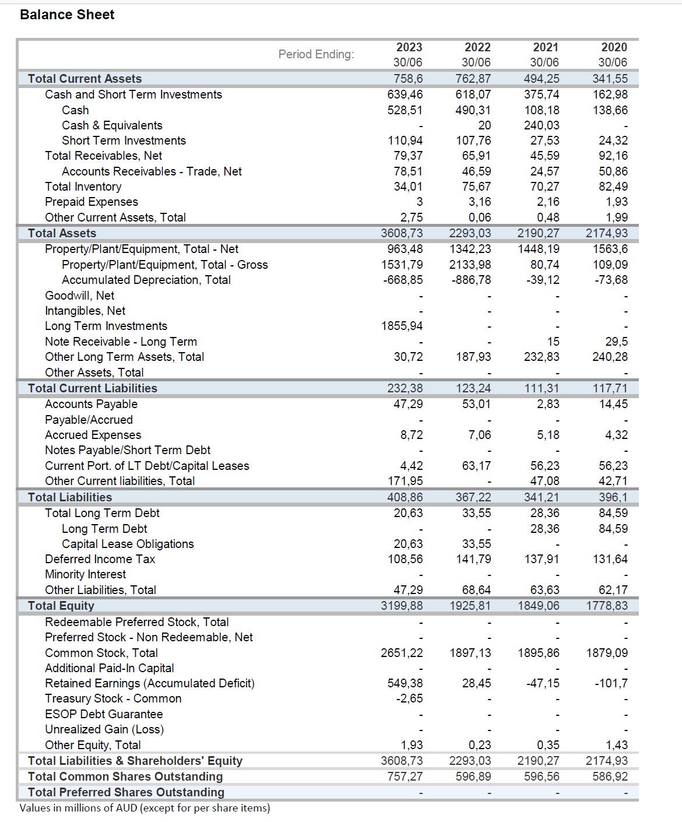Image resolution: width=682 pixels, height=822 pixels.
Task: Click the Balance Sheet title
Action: click(67, 15)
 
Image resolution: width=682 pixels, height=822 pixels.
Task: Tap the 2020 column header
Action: click(614, 47)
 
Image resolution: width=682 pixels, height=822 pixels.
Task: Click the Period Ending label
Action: click(316, 54)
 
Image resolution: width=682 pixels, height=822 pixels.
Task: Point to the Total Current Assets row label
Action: click(85, 79)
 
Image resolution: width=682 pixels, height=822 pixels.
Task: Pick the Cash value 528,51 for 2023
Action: click(405, 110)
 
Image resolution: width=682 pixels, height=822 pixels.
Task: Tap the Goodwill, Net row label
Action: click(79, 296)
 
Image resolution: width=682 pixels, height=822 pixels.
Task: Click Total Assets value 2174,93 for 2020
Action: click(607, 233)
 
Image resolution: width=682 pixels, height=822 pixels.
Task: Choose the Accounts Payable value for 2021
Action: click(548, 404)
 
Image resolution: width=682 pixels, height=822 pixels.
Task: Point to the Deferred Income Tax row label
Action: click(100, 559)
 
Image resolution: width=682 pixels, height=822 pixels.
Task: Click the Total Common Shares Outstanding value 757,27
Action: click(405, 777)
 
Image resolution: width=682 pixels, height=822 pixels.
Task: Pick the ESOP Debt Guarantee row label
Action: click(104, 714)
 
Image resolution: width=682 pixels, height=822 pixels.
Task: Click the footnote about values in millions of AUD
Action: click(145, 808)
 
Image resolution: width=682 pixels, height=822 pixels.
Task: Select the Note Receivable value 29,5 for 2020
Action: click(616, 342)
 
